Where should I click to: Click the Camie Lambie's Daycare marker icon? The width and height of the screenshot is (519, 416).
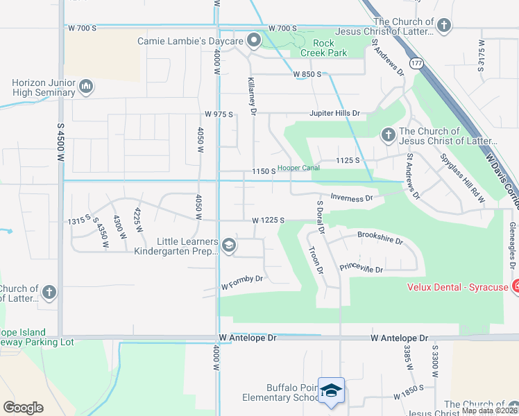click(253, 41)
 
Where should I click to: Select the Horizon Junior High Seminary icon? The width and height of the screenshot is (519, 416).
click(86, 87)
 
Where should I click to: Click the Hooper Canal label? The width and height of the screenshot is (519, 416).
click(298, 168)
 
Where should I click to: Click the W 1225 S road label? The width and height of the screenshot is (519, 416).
click(269, 220)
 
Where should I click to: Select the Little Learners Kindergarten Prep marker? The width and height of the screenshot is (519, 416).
click(228, 245)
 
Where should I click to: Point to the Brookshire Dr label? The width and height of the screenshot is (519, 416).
click(380, 239)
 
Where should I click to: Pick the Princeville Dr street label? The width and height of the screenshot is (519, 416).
click(361, 268)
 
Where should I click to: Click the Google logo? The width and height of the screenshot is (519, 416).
click(23, 408)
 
